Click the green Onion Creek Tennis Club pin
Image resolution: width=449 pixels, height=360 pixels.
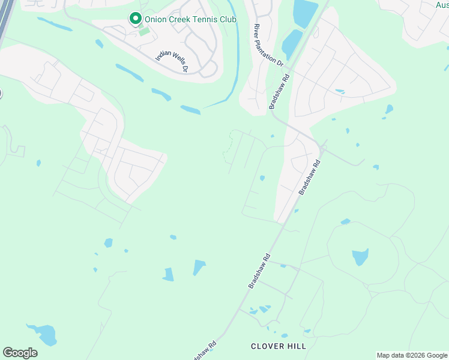pos(136,19)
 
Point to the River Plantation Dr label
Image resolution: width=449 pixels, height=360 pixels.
pos(268,45)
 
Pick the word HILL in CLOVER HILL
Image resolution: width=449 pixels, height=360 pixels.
pos(294,346)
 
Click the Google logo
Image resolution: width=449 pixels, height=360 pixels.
pos(20,353)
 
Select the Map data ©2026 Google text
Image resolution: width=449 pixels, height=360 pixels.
pos(412,355)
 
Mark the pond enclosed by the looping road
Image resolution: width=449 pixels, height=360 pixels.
pos(360,257)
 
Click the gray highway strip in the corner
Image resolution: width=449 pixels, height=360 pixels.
pos(6,18)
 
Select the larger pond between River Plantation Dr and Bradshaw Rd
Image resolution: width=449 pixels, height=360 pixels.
pos(305,12)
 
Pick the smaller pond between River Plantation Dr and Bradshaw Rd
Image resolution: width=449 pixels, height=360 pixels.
pos(292,43)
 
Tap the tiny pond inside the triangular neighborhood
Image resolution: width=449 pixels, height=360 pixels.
pos(340,91)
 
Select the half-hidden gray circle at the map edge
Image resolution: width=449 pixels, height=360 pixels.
pos(1,94)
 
